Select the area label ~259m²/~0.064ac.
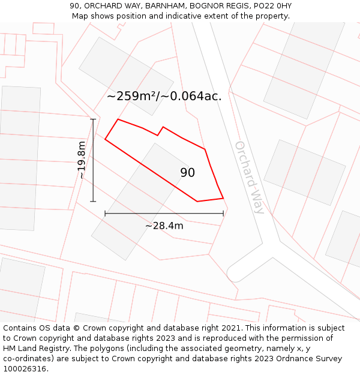click(164, 95)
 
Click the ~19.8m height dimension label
click(82, 160)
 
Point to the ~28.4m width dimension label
click(164, 226)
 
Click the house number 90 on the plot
click(187, 173)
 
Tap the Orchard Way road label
click(249, 178)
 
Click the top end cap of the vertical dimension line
click(93, 119)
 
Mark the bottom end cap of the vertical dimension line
click(93, 201)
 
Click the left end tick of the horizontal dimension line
click(105, 213)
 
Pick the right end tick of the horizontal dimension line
click(223, 213)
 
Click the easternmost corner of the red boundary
click(223, 198)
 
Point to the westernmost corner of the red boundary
click(106, 139)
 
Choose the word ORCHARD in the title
click(103, 6)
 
